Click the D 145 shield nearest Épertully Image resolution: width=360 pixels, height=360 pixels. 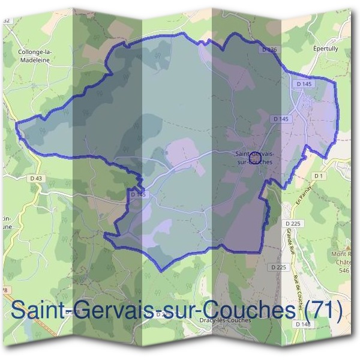tap(305, 85)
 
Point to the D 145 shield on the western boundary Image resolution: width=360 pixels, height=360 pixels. tap(138, 194)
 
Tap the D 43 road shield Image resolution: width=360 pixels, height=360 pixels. tap(36, 178)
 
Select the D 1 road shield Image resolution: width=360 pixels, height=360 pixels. tap(319, 175)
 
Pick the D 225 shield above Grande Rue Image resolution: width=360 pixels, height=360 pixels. tap(292, 223)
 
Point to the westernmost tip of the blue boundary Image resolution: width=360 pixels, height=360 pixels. tap(16, 124)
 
